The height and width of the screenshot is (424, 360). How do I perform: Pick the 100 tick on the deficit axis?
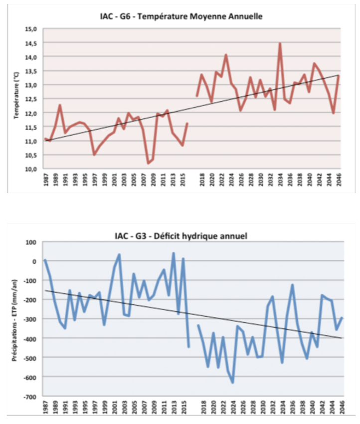(x=32, y=242)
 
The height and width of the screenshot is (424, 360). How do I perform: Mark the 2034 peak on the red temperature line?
(x=280, y=44)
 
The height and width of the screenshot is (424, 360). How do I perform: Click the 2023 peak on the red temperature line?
(x=226, y=55)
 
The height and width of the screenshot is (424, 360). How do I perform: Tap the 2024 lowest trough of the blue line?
(x=232, y=383)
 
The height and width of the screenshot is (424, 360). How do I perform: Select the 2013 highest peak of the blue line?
(x=174, y=253)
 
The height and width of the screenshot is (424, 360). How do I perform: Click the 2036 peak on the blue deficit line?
(x=292, y=285)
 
